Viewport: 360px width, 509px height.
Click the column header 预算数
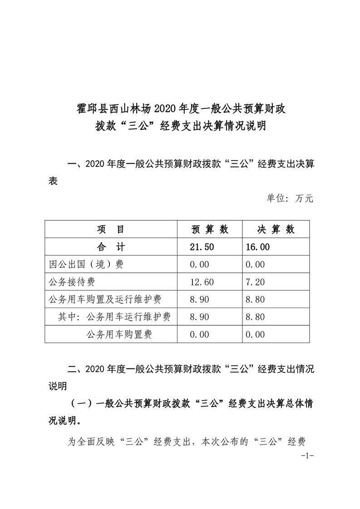pyautogui.click(x=209, y=230)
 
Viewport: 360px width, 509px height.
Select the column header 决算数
pyautogui.click(x=276, y=230)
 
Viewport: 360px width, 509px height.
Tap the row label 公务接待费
pyautogui.click(x=72, y=282)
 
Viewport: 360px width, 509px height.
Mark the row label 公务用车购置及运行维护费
pyautogui.click(x=105, y=300)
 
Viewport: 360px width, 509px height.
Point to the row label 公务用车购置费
pyautogui.click(x=118, y=335)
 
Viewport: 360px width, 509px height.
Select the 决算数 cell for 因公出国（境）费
pyautogui.click(x=255, y=265)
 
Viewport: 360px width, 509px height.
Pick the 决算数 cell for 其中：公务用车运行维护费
pyautogui.click(x=255, y=317)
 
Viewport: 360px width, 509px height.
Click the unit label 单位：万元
pyautogui.click(x=289, y=198)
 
